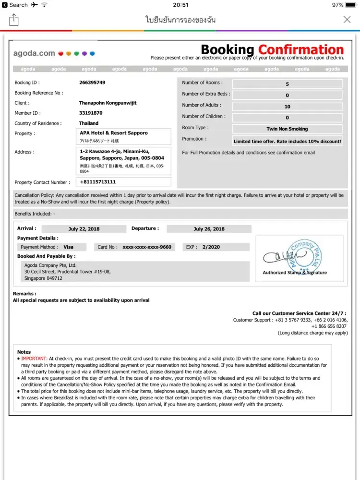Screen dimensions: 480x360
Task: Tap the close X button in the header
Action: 347,20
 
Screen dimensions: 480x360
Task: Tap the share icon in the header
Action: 14,20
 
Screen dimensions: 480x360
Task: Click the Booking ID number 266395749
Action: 92,83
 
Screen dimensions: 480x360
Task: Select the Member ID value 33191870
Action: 91,113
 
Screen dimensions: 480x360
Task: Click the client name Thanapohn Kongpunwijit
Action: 110,103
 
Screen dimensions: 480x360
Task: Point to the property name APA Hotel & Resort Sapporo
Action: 114,133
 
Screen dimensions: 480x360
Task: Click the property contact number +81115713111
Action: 98,182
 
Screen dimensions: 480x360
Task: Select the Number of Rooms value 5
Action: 287,84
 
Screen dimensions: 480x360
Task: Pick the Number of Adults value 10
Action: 287,107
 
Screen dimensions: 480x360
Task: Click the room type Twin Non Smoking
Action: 287,129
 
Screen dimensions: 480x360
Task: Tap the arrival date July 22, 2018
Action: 84,229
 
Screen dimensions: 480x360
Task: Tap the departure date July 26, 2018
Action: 209,229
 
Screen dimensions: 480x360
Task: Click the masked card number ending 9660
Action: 146,247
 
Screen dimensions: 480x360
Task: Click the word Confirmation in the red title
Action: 301,50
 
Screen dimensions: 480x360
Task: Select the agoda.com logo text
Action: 34,53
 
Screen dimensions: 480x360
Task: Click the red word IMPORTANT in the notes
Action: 34,359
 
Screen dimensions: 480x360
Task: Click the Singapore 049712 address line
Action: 43,278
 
